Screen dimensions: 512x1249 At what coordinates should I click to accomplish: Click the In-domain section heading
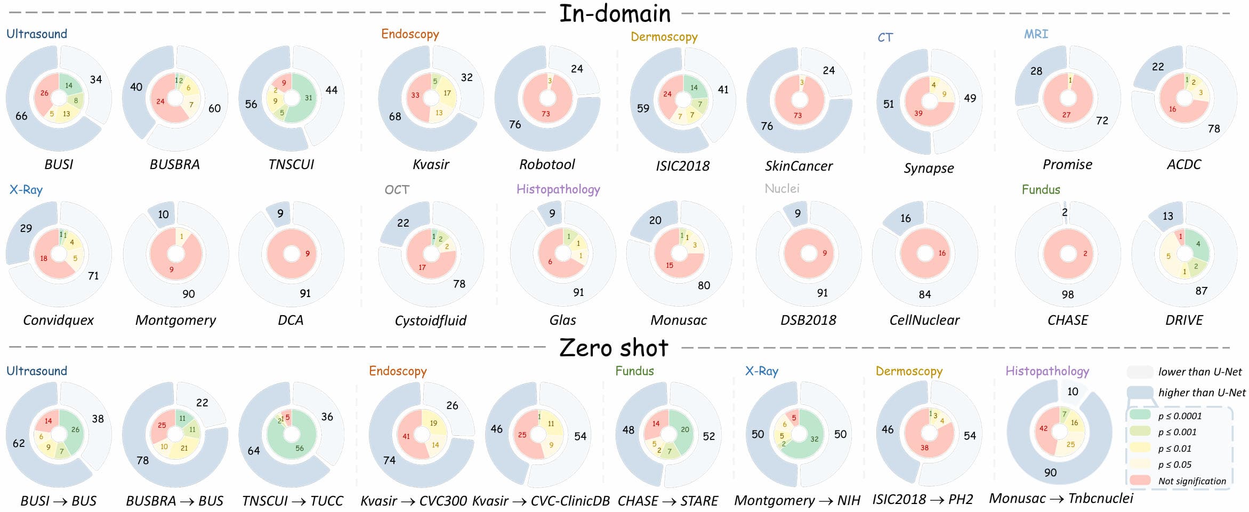(x=615, y=13)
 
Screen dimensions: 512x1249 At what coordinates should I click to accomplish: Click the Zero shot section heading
(x=614, y=348)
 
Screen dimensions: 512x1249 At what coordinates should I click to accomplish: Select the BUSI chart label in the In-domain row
(x=59, y=164)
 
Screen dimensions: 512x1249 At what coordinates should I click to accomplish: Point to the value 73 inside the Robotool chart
(x=546, y=114)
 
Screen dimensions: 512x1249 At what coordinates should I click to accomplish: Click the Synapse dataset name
(x=929, y=168)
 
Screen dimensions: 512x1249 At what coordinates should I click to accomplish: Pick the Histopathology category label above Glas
(x=558, y=189)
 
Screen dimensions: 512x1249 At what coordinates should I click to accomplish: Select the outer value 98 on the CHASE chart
(x=1067, y=294)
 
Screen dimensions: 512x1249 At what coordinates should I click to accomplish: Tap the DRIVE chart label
(x=1184, y=320)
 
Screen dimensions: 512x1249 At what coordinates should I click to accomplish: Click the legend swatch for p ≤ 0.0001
(x=1140, y=415)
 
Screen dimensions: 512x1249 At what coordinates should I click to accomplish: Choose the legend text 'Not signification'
(x=1192, y=481)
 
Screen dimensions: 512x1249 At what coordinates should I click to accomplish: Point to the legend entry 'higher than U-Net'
(x=1202, y=393)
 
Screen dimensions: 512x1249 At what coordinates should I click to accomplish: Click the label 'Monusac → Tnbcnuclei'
(x=1061, y=499)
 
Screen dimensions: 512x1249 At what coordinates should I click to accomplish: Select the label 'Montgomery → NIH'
(x=797, y=501)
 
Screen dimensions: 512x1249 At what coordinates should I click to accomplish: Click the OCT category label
(x=397, y=190)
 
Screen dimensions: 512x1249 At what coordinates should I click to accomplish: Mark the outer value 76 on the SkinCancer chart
(x=767, y=126)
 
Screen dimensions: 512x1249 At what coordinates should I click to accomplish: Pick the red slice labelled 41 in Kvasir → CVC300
(x=406, y=436)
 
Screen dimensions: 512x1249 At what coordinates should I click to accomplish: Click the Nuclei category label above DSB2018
(x=782, y=189)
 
